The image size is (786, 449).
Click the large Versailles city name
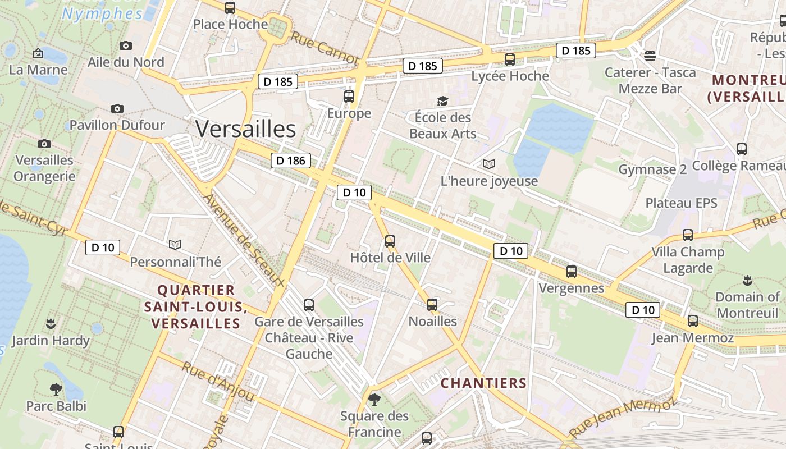click(x=245, y=129)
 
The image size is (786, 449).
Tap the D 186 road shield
click(x=291, y=161)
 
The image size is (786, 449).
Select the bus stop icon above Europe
click(x=349, y=97)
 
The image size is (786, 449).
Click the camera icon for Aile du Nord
click(x=126, y=45)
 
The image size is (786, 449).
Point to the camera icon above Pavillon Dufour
click(x=117, y=108)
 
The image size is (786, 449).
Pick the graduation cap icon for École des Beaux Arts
click(x=443, y=101)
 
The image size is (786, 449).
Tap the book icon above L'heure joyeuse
click(x=489, y=164)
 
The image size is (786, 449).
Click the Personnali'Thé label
click(x=176, y=262)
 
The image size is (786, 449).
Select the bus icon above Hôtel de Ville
click(x=390, y=241)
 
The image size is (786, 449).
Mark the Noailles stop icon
click(x=432, y=305)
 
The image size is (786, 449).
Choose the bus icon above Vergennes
click(x=572, y=272)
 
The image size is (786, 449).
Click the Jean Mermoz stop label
click(x=692, y=338)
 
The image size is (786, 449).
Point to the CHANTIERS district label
click(x=483, y=383)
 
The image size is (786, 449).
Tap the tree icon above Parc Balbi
click(x=56, y=389)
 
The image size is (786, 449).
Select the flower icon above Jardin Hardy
click(x=51, y=323)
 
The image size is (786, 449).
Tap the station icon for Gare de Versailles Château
click(x=309, y=305)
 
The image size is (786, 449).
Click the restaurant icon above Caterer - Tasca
click(x=650, y=56)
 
